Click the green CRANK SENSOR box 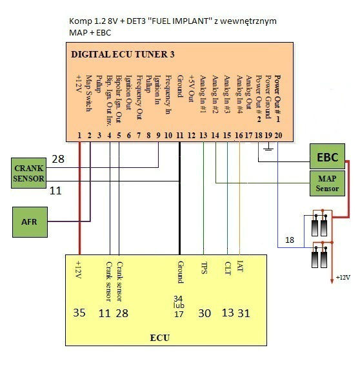(28, 173)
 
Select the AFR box (30, 222)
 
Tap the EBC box (327, 156)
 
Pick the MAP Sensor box (327, 183)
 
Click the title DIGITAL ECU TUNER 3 (123, 54)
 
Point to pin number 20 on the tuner (278, 136)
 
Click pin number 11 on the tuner (179, 136)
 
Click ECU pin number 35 (79, 313)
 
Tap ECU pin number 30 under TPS (205, 313)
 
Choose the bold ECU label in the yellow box (160, 338)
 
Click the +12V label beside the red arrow (343, 277)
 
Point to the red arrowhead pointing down (332, 281)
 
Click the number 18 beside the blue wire (290, 240)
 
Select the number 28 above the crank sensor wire (58, 159)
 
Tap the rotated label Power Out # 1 (278, 99)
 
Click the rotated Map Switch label (88, 93)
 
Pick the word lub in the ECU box (179, 305)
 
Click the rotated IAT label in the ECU (240, 266)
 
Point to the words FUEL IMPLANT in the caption (179, 21)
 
